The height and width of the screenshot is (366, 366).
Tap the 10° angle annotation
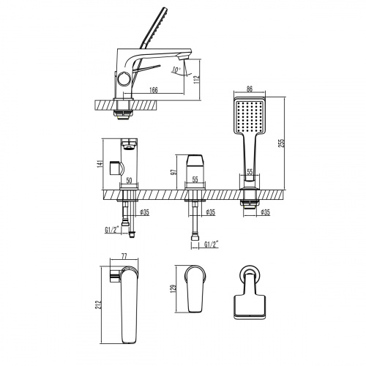click(x=176, y=71)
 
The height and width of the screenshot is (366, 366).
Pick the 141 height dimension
click(x=100, y=165)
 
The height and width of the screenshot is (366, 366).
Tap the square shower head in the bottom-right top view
click(x=249, y=303)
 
